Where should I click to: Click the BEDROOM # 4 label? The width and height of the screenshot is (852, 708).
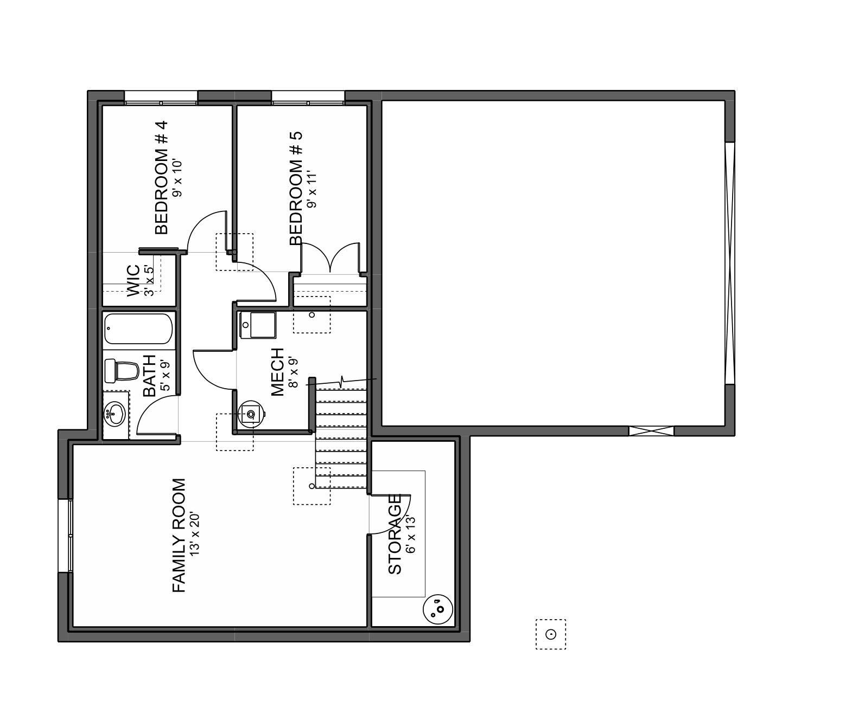coord(162,177)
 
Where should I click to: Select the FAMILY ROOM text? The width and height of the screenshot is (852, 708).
coord(179,535)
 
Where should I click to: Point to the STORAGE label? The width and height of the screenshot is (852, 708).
coord(395,534)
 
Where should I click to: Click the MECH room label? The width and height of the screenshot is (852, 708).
coord(277,372)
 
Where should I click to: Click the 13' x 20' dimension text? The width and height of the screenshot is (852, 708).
coord(195,532)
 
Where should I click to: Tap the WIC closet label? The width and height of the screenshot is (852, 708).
coord(133,280)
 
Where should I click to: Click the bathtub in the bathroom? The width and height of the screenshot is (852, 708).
coord(138,329)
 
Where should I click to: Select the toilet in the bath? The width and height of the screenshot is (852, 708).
coord(122,370)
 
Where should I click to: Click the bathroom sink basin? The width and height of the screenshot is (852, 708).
coord(115,415)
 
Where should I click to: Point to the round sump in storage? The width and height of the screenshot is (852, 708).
coord(438,609)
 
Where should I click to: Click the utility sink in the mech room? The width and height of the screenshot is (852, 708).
coord(251,414)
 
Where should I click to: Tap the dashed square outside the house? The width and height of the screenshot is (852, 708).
coord(551,634)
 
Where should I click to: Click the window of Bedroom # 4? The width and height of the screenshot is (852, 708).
coord(161,101)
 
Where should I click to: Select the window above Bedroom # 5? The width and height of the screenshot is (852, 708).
coord(308,101)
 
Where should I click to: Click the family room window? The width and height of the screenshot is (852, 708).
coord(69,535)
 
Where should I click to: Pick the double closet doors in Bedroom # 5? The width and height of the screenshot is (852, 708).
coord(330,258)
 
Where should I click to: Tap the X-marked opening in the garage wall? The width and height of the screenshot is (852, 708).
coord(651,431)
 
